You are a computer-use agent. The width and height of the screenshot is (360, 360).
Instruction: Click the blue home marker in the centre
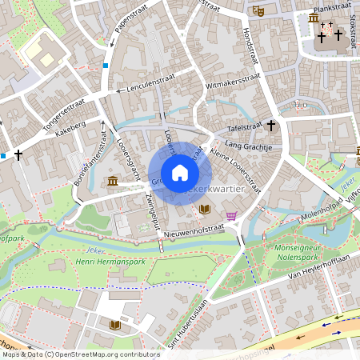(x=180, y=173)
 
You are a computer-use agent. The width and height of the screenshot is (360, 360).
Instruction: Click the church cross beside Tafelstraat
(x=271, y=126)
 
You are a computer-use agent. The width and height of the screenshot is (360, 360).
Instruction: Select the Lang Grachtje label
(x=250, y=146)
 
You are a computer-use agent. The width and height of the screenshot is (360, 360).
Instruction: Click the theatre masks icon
(x=257, y=11)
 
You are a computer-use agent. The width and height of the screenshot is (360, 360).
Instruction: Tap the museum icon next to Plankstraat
(x=313, y=18)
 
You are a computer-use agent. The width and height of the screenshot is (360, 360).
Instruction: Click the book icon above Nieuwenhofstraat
(x=205, y=209)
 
